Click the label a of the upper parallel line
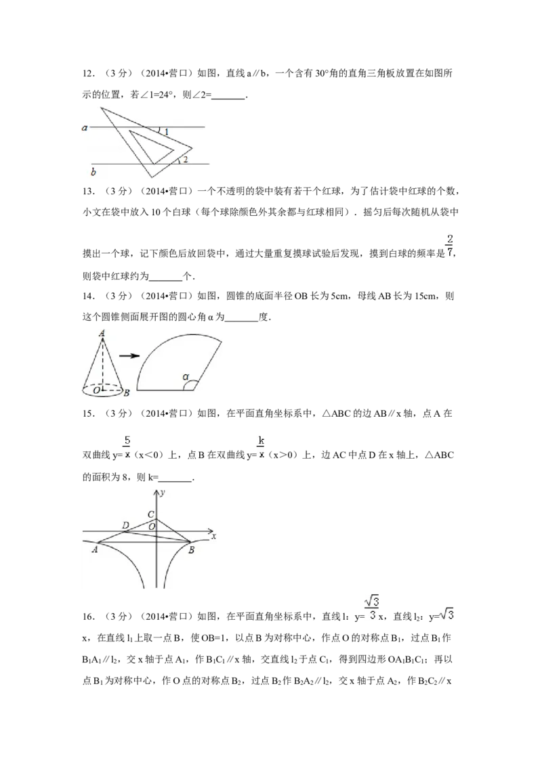(x=85, y=127)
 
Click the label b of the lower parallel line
(x=93, y=173)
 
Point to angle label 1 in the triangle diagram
(x=166, y=131)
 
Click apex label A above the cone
(x=102, y=333)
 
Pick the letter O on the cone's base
(x=97, y=390)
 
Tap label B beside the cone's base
(x=127, y=392)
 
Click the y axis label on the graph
(x=162, y=493)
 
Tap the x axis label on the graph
(x=213, y=536)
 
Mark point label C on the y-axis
(x=151, y=515)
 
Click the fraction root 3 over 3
(x=371, y=607)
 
